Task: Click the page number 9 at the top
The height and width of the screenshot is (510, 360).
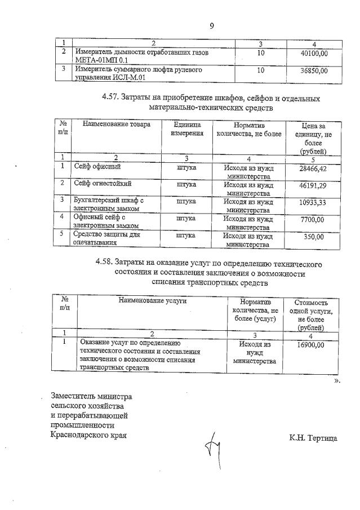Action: pos(211,25)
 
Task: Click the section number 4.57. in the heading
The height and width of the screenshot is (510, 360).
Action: pos(112,97)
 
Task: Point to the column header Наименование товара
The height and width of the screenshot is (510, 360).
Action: pos(113,125)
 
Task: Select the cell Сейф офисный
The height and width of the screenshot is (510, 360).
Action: pos(98,167)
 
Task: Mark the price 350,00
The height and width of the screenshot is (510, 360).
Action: pos(318,237)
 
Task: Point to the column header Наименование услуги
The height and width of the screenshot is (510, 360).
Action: pos(152,301)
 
